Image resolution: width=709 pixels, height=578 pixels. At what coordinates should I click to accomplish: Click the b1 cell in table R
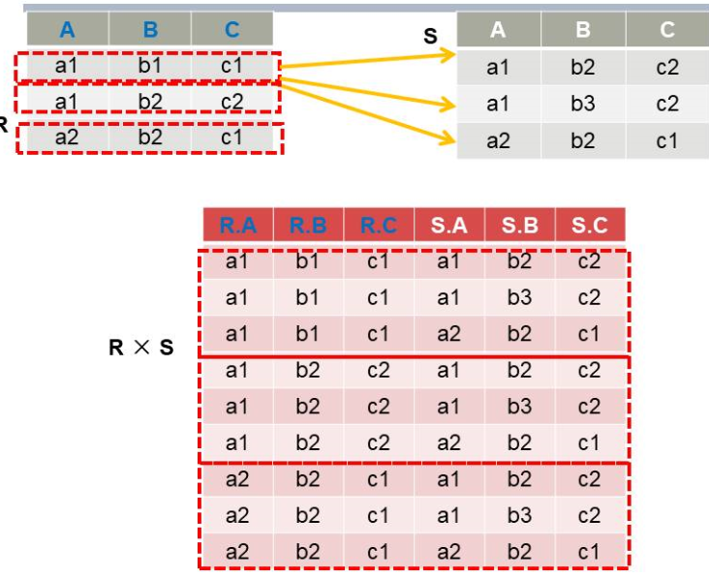pyautogui.click(x=150, y=68)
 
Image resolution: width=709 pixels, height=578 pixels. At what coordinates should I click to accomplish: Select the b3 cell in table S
pyautogui.click(x=582, y=105)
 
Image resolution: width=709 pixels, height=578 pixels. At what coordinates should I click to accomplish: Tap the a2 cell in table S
pyautogui.click(x=498, y=141)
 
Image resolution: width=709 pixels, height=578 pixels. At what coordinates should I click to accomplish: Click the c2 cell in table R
pyautogui.click(x=231, y=102)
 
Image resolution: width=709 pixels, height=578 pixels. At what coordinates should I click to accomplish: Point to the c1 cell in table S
pyautogui.click(x=666, y=141)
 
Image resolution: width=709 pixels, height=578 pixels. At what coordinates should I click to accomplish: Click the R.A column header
pyautogui.click(x=237, y=227)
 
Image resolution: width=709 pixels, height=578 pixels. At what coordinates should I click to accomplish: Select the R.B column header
pyautogui.click(x=308, y=227)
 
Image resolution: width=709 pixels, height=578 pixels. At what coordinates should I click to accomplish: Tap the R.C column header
pyautogui.click(x=378, y=227)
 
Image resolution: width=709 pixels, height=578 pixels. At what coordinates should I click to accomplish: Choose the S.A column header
pyautogui.click(x=448, y=227)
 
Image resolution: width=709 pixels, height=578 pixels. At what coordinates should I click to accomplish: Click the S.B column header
pyautogui.click(x=519, y=227)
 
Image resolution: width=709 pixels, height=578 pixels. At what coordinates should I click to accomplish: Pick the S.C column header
pyautogui.click(x=590, y=227)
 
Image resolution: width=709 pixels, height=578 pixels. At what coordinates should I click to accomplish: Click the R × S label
pyautogui.click(x=141, y=348)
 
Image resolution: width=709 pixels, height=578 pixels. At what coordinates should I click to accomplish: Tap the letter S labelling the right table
pyautogui.click(x=430, y=37)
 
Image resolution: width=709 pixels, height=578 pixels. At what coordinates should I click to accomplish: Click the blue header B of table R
pyautogui.click(x=150, y=30)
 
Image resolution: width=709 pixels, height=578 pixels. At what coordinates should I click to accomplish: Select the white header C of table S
pyautogui.click(x=666, y=30)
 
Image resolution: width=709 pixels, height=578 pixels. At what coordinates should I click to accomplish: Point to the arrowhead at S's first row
pyautogui.click(x=450, y=56)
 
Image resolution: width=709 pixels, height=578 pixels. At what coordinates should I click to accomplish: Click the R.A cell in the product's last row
pyautogui.click(x=237, y=552)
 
